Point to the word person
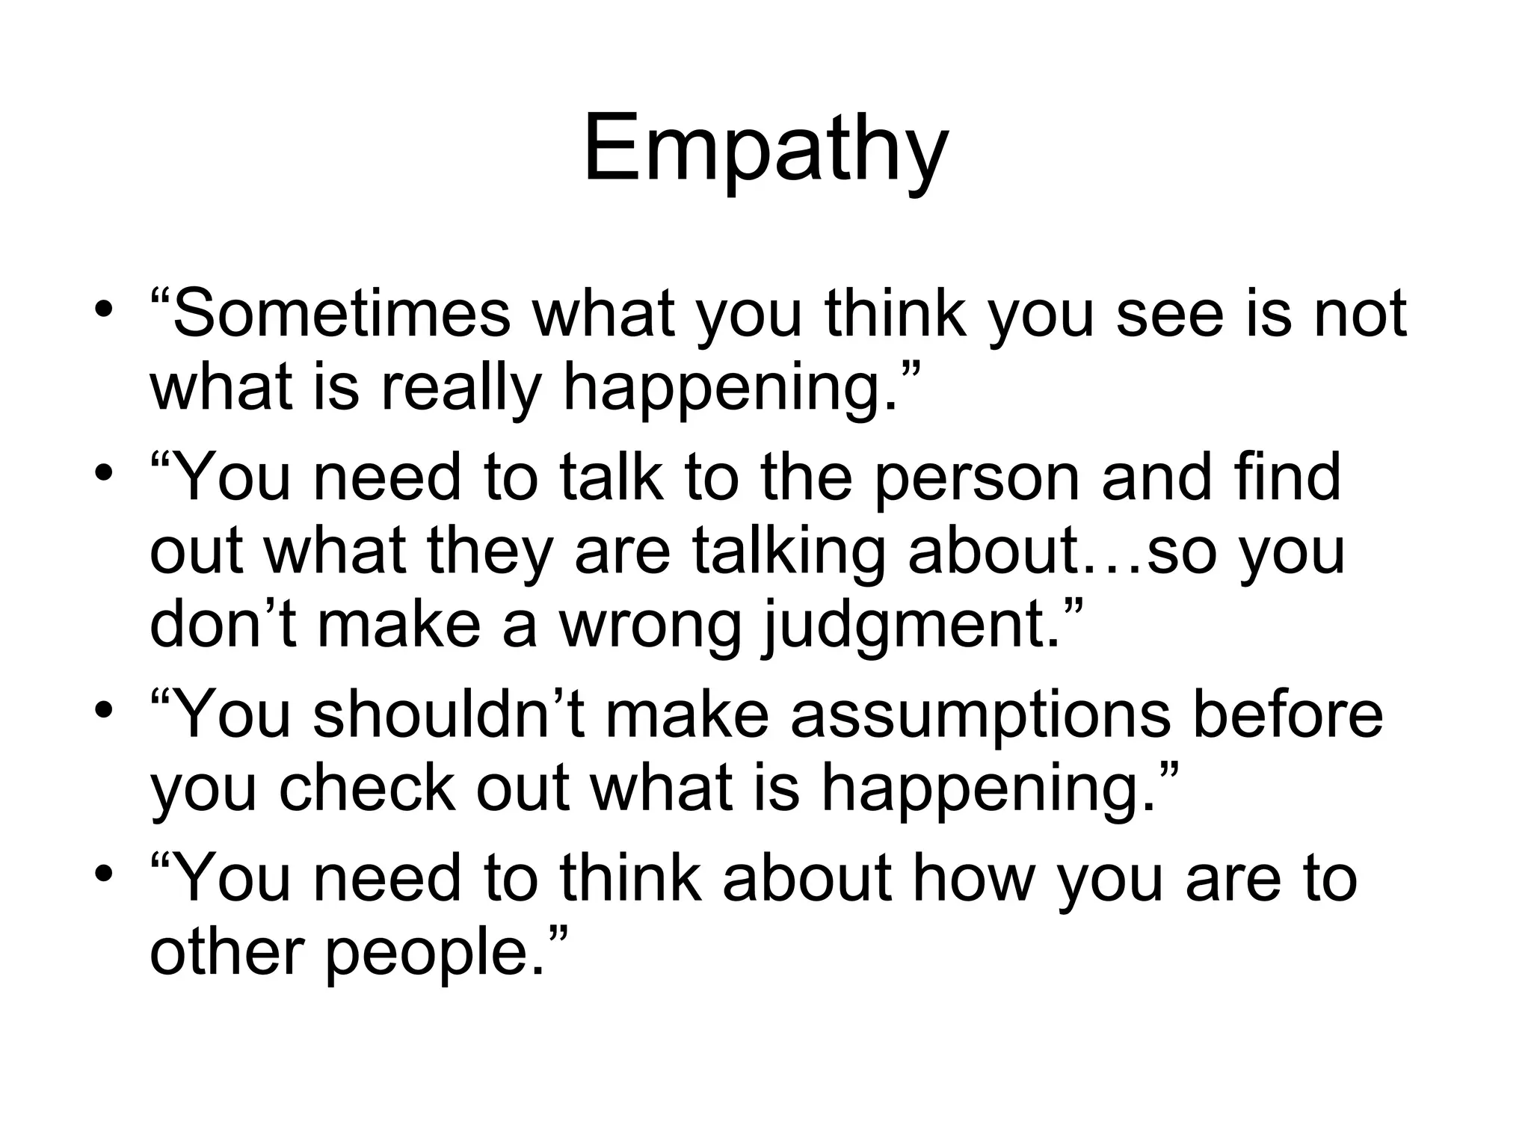pyautogui.click(x=976, y=478)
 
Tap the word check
pyautogui.click(x=366, y=789)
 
